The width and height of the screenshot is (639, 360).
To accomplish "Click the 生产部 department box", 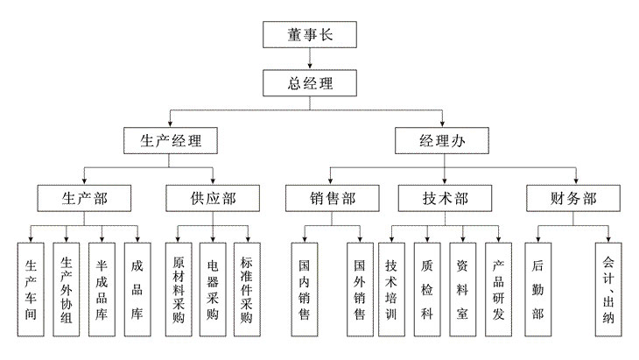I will (x=84, y=198).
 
